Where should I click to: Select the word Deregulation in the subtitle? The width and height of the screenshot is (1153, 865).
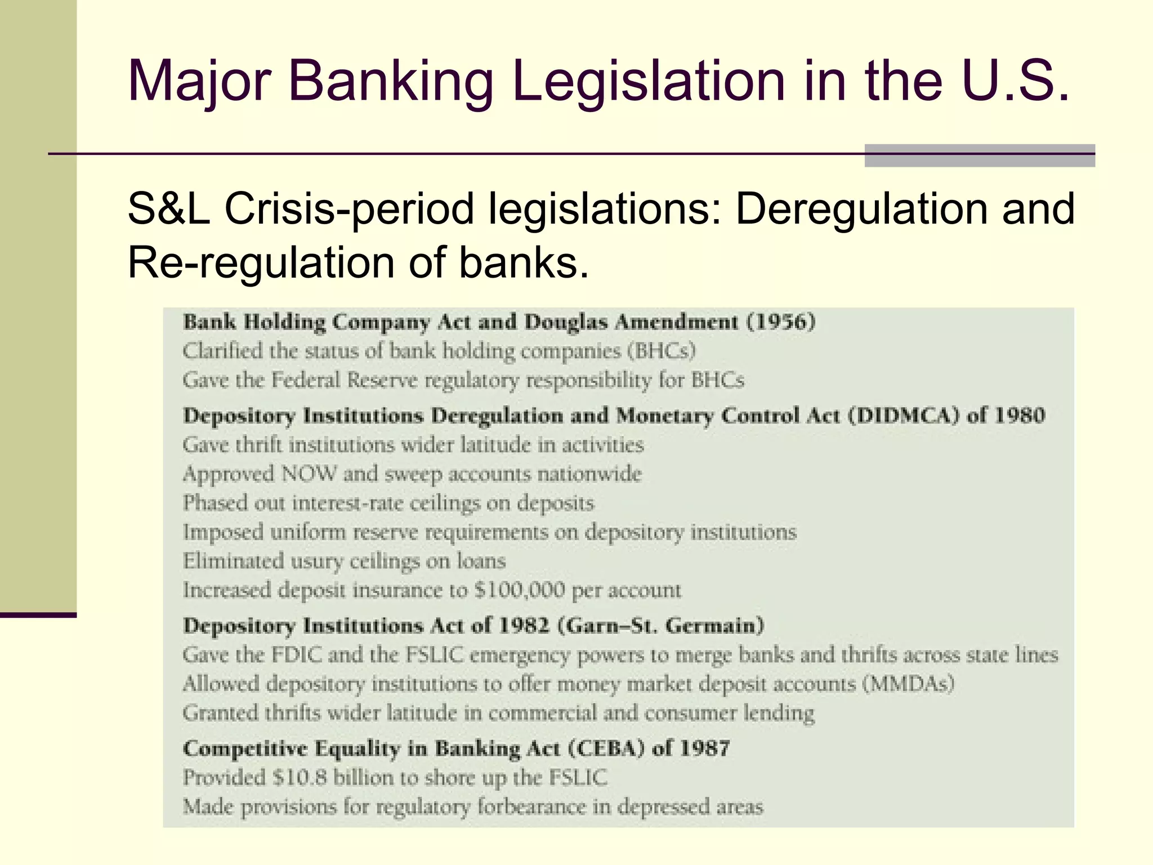(861, 209)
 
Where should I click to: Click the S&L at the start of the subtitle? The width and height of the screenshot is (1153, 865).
(168, 209)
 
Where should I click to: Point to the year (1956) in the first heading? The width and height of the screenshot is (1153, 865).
(781, 322)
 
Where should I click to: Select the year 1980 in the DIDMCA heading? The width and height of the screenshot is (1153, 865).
(1020, 416)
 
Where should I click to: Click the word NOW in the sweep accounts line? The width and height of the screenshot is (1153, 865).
(308, 474)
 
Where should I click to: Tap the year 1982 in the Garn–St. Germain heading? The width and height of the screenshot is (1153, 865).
(524, 626)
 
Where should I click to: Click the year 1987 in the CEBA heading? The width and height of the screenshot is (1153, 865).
(704, 748)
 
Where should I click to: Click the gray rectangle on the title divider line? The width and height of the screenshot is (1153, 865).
(980, 156)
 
